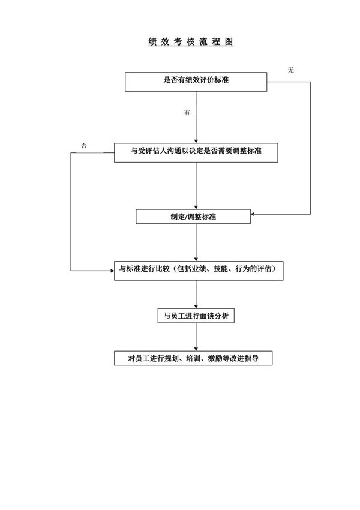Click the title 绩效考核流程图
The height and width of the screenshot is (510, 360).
tap(190, 42)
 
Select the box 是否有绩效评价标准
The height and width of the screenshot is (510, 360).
tap(196, 81)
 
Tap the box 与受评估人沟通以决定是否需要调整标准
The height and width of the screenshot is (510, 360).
tap(196, 152)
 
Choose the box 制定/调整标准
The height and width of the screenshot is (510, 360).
tap(193, 216)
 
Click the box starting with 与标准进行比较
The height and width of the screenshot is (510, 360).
tap(197, 270)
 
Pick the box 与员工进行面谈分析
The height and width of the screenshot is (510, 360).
tap(196, 316)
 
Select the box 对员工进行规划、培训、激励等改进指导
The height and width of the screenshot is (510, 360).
tap(194, 358)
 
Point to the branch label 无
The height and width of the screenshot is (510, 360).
tap(291, 71)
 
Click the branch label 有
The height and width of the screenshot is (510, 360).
tap(188, 113)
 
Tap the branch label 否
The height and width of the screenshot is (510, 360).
tap(84, 145)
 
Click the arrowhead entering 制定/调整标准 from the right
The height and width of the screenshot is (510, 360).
tap(254, 214)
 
